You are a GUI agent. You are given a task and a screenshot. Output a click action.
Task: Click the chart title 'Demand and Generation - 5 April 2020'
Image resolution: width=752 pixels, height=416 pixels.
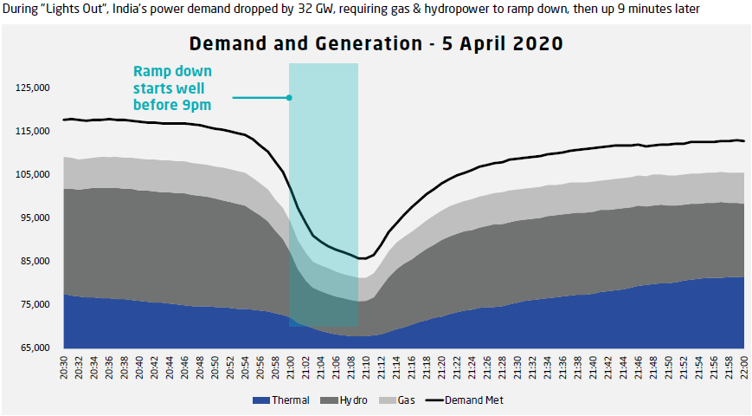point(376,43)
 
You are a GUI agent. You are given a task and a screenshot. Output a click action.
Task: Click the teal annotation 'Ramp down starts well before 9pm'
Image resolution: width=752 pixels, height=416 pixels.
point(172,88)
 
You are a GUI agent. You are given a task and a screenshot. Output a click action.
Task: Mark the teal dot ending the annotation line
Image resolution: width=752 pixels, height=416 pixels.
point(290,97)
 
